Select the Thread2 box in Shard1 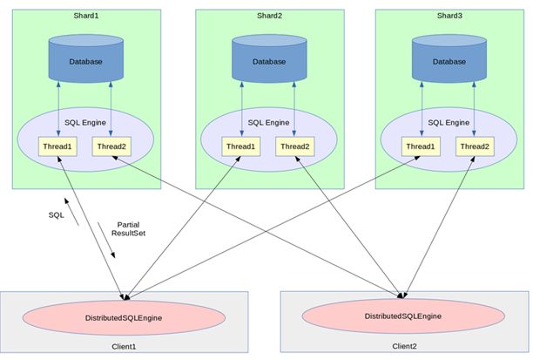pyautogui.click(x=111, y=147)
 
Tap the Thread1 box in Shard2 pyautogui.click(x=241, y=147)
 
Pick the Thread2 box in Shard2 pyautogui.click(x=293, y=147)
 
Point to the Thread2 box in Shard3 pyautogui.click(x=475, y=146)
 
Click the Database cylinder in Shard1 pyautogui.click(x=85, y=59)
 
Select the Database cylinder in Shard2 pyautogui.click(x=268, y=59)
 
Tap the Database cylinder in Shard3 pyautogui.click(x=449, y=59)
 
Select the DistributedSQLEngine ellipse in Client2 pyautogui.click(x=404, y=313)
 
